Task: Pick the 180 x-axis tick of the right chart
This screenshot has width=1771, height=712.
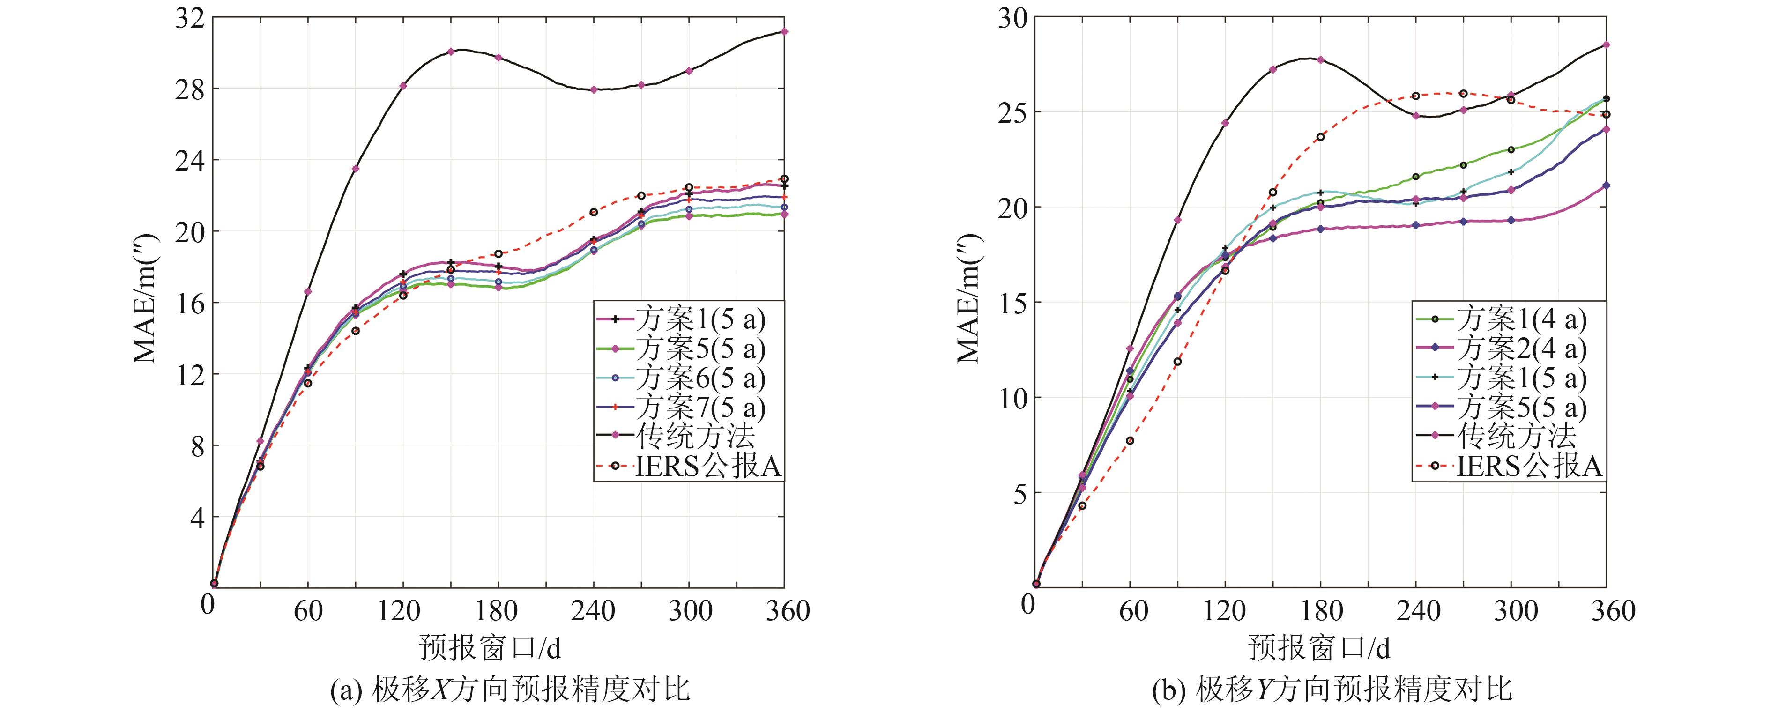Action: pos(1321,610)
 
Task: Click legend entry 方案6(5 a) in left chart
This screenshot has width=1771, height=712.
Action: pos(700,378)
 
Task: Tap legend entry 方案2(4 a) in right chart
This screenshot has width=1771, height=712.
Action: pos(1521,349)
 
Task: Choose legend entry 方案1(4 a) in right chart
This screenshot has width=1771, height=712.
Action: pos(1521,319)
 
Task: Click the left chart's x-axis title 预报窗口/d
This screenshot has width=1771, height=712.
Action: pos(490,647)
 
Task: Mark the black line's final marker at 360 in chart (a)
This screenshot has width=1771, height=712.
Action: pos(784,31)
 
